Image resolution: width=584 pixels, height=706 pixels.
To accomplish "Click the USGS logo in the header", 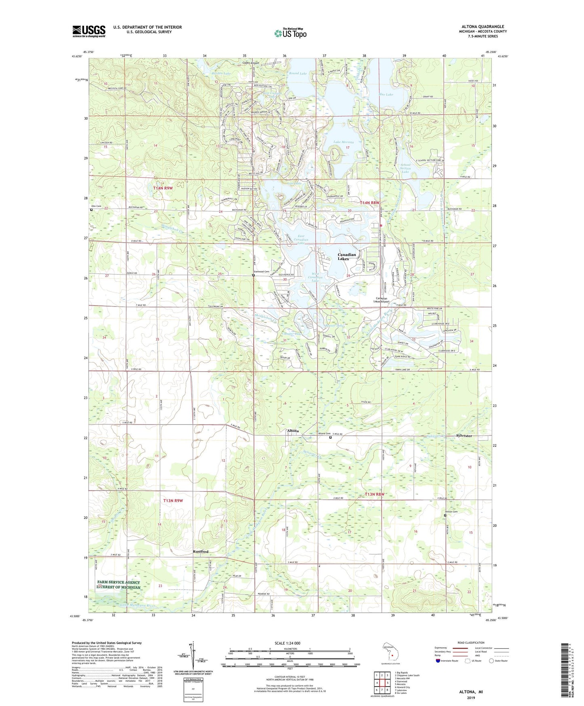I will [89, 31].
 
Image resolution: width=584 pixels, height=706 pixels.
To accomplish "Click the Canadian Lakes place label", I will [347, 256].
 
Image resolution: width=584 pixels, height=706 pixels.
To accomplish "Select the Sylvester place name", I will [464, 436].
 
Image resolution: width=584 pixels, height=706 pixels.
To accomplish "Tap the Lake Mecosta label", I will [344, 142].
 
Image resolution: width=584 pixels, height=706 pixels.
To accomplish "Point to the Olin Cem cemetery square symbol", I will [91, 210].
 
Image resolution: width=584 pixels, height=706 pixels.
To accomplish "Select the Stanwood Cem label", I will [261, 272].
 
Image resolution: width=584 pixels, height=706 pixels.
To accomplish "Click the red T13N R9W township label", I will [173, 501].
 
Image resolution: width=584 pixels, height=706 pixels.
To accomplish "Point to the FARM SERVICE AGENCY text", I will [118, 583].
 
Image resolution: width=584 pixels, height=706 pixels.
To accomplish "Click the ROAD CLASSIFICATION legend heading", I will [471, 643].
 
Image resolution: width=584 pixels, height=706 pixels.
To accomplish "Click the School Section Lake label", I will [405, 168].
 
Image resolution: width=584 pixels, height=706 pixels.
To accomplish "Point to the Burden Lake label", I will [221, 74].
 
